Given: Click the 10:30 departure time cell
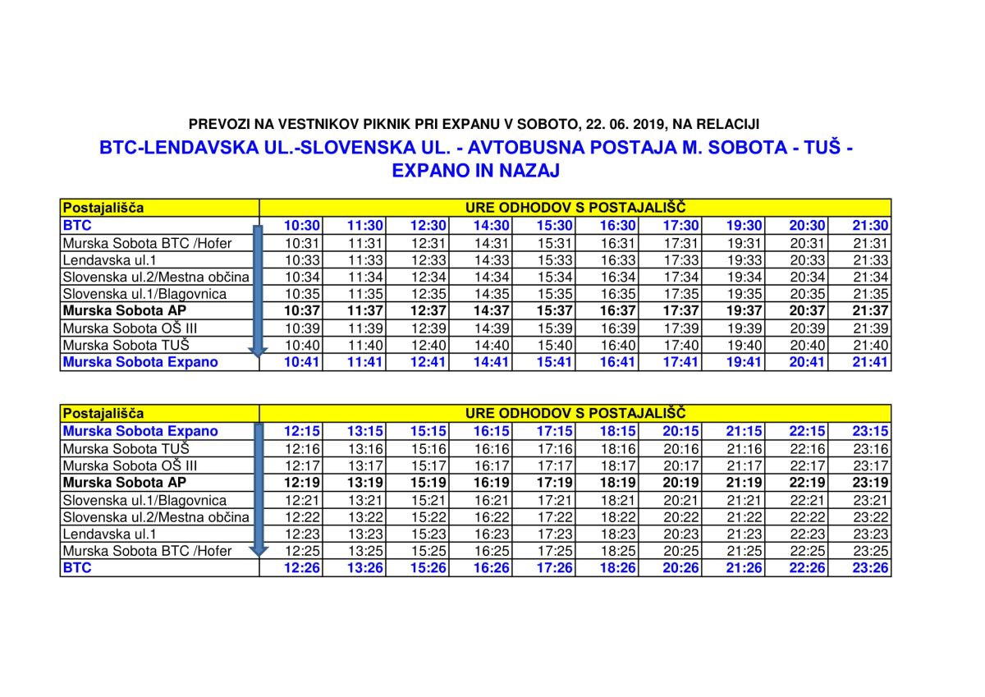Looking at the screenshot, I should pyautogui.click(x=302, y=225).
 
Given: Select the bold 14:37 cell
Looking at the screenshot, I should pyautogui.click(x=492, y=311).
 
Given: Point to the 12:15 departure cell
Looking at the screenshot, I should pyautogui.click(x=302, y=431).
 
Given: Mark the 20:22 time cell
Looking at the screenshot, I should pyautogui.click(x=681, y=517).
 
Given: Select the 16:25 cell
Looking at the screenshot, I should pyautogui.click(x=492, y=551).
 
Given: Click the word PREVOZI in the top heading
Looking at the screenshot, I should pyautogui.click(x=216, y=125).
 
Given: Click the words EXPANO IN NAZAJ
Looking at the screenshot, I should pyautogui.click(x=476, y=171).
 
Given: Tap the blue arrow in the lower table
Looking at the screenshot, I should pyautogui.click(x=259, y=491).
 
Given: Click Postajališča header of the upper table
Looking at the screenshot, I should pyautogui.click(x=103, y=208).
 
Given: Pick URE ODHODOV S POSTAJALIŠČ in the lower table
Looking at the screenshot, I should pyautogui.click(x=575, y=413).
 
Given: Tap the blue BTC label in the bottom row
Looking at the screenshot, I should pyautogui.click(x=77, y=568).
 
